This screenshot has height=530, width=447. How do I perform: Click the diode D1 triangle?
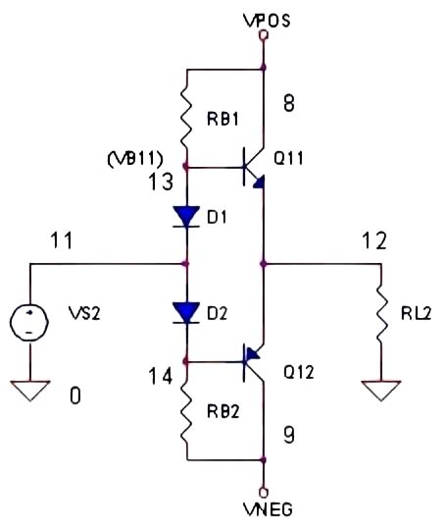click(x=186, y=216)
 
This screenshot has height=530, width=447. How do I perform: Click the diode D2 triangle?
click(x=186, y=313)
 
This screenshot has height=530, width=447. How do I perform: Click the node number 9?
click(x=290, y=429)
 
